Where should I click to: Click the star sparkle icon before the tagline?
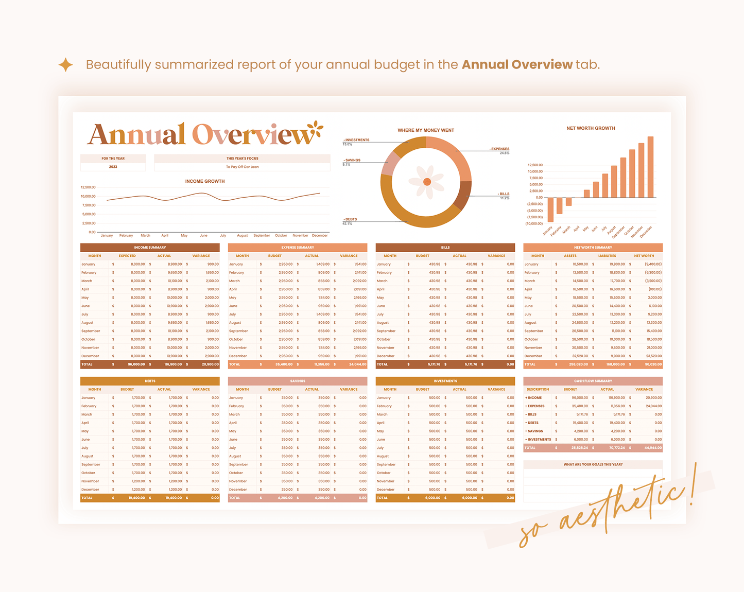click(x=65, y=65)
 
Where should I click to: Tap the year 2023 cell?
click(x=113, y=167)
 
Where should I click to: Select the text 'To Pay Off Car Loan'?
click(x=242, y=167)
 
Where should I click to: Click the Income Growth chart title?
click(x=205, y=181)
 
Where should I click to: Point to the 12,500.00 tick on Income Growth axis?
click(x=88, y=187)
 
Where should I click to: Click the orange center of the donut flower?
click(x=427, y=182)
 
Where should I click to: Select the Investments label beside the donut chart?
click(x=356, y=140)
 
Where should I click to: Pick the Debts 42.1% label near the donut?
click(x=350, y=220)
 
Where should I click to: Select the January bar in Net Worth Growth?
click(x=550, y=210)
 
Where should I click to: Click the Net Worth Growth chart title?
click(x=591, y=128)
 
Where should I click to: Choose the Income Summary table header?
click(x=150, y=248)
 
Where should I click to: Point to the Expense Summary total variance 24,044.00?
click(x=357, y=364)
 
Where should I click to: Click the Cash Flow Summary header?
click(x=593, y=381)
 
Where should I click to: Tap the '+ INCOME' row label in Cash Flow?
click(x=533, y=398)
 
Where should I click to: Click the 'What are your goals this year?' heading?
click(x=593, y=464)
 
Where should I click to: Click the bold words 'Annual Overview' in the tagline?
click(x=516, y=65)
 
